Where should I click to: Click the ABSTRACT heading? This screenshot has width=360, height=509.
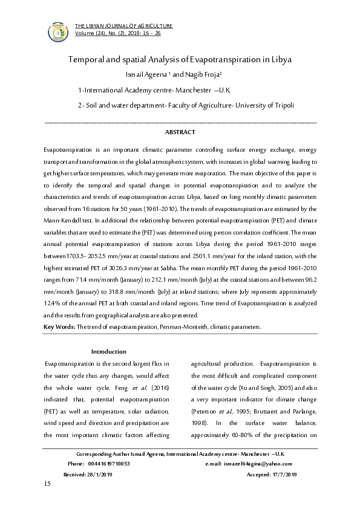click(x=180, y=131)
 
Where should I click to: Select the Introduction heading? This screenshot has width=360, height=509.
click(x=108, y=351)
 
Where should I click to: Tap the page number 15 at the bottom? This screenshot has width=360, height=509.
click(x=47, y=485)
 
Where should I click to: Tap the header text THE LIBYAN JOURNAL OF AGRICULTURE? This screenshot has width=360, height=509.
click(x=123, y=26)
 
